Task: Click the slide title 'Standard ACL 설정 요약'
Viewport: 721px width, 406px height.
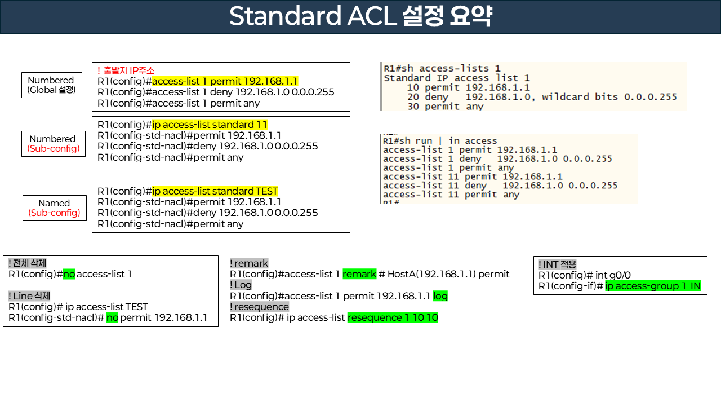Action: tap(360, 16)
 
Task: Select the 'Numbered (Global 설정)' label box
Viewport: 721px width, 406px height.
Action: tap(51, 85)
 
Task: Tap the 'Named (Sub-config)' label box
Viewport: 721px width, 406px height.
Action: tap(54, 208)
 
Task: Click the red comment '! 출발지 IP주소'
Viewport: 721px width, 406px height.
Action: tap(126, 70)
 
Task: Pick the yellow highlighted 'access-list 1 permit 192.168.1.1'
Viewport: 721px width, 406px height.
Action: tap(225, 81)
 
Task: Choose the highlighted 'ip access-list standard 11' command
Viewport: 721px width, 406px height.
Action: tap(210, 125)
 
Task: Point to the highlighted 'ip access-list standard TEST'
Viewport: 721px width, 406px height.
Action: tap(215, 191)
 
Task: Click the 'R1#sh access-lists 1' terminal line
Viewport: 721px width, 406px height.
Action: tap(442, 68)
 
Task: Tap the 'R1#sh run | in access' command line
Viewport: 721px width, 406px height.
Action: tap(440, 141)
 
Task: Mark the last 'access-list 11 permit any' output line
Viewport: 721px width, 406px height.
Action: tap(451, 195)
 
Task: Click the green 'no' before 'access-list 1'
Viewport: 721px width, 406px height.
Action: tap(69, 275)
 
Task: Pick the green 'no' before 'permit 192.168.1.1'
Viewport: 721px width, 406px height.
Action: tap(112, 318)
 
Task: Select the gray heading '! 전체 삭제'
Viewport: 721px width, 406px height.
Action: tap(27, 263)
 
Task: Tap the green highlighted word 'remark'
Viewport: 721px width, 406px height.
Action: tap(359, 274)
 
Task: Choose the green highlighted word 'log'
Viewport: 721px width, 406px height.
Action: tap(440, 296)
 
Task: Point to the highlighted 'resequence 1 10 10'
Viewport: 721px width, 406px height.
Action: tap(393, 318)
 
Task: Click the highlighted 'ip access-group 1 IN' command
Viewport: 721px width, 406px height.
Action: tap(653, 286)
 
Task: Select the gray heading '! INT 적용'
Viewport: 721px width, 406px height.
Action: tap(557, 264)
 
